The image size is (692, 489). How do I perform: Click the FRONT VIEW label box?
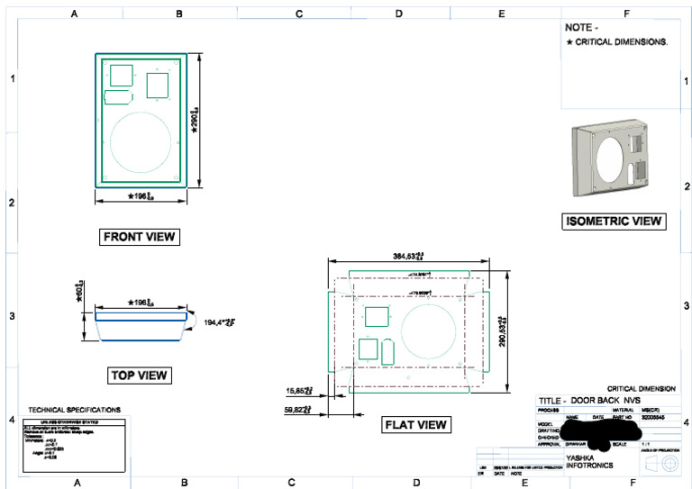pos(140,237)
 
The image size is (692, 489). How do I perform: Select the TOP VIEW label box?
pos(140,375)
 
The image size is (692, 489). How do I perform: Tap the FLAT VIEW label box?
pos(416,424)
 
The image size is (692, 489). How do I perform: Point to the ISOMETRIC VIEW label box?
pos(613,221)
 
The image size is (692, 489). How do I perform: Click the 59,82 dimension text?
pos(298,410)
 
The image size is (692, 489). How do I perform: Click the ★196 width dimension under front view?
pos(141,195)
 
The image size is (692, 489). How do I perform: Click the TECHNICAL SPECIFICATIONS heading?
pos(74,409)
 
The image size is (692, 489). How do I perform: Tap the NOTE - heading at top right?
pos(581,28)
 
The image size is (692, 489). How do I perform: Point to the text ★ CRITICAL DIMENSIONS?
pos(616,42)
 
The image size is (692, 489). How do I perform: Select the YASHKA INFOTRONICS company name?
pos(590,462)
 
